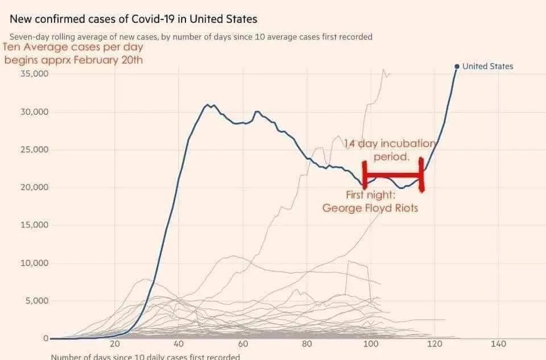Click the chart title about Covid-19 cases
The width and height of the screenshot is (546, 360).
coord(133,19)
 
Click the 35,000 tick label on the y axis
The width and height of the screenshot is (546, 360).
coord(34,74)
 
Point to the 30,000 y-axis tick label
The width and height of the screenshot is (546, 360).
coord(34,112)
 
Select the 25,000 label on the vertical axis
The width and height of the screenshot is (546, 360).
coord(34,150)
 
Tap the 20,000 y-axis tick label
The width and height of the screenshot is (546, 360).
coord(34,187)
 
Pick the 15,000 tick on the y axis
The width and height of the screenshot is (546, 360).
coord(34,225)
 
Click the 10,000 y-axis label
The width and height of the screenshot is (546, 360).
coord(34,263)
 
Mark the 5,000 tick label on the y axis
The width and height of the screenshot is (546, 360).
coord(36,300)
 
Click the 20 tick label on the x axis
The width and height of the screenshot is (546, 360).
coord(115,344)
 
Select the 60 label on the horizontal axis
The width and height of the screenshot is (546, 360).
coord(243,344)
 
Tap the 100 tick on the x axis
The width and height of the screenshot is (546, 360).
coord(371,344)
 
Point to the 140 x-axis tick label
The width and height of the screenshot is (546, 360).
coord(498,344)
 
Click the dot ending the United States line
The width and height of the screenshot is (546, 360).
coord(456,67)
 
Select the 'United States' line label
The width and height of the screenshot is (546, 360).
coord(487,67)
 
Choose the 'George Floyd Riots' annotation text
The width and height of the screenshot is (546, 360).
coord(370,208)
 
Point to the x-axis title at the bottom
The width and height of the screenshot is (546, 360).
coord(145,357)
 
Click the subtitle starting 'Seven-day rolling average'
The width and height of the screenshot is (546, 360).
coord(191,37)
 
